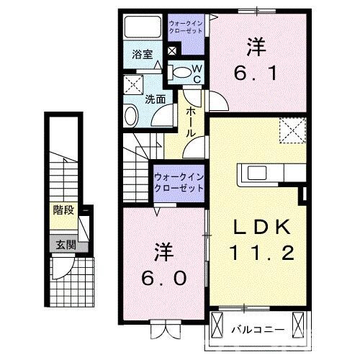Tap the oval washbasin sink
point(131,116)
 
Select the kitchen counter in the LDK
point(266,173)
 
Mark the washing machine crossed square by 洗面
point(133,86)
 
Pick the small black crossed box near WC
point(172,51)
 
